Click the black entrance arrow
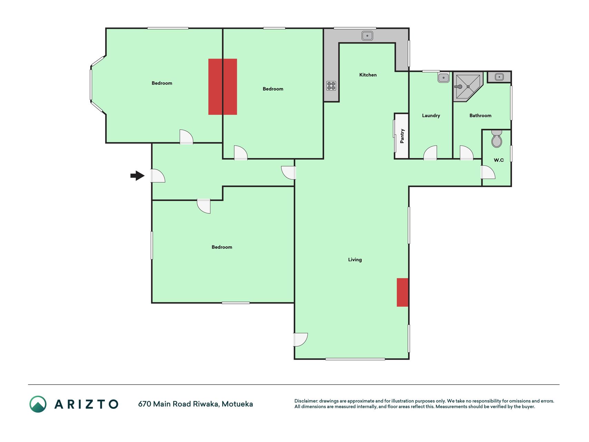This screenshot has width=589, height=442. [x=137, y=176]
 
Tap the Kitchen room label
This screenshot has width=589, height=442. [x=368, y=75]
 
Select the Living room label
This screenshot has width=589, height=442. [x=355, y=260]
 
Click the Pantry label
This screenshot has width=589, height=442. [x=402, y=136]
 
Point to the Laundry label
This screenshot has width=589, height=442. [x=431, y=116]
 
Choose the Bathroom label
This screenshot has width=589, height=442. [x=480, y=116]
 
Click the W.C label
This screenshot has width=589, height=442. [x=499, y=160]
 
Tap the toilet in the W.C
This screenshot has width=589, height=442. [x=497, y=139]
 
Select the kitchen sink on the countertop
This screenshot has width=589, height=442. [x=367, y=36]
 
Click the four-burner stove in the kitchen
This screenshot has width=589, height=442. [x=331, y=86]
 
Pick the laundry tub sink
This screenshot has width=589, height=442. [x=443, y=78]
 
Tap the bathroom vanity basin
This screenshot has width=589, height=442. [x=499, y=77]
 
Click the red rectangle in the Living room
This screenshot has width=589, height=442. [x=402, y=292]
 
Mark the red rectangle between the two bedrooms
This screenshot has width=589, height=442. [x=223, y=87]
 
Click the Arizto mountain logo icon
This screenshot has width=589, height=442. [x=38, y=404]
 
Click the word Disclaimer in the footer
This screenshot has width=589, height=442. [x=306, y=401]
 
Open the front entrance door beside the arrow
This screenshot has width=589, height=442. [x=158, y=176]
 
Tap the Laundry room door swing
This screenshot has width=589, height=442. [x=430, y=153]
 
